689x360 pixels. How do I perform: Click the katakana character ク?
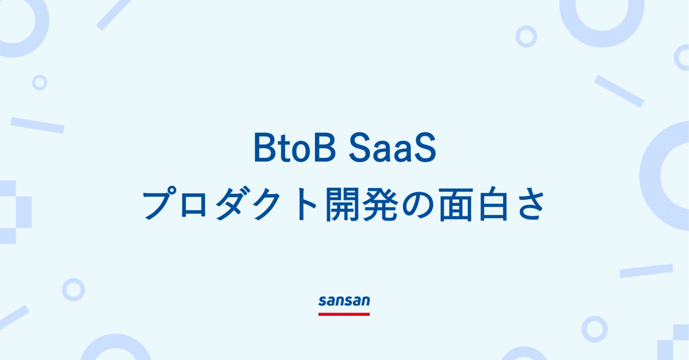(x=271, y=205)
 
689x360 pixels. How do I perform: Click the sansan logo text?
(x=344, y=301)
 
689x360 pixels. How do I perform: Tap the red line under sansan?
(x=344, y=313)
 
